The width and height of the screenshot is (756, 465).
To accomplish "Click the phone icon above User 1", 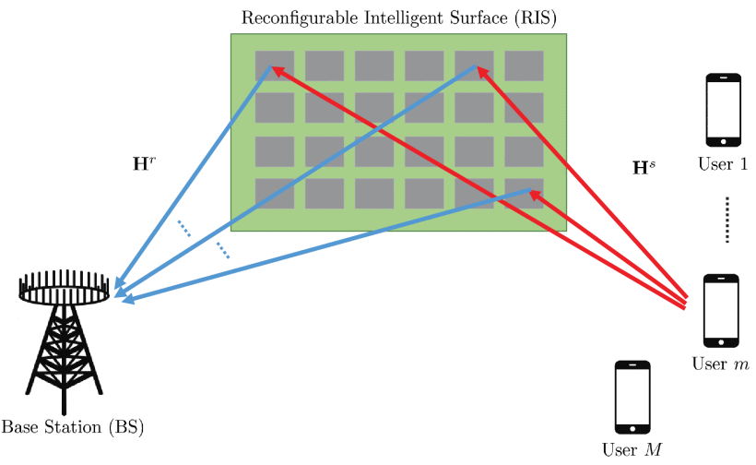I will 724,109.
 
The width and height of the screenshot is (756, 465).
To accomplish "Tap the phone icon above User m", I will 721,308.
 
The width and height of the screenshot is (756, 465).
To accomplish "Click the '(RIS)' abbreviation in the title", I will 533,17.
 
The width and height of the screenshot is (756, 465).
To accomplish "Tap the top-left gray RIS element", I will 275,66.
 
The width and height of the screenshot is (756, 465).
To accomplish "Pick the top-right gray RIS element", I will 524,66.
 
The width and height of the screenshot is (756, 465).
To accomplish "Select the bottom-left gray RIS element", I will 275,193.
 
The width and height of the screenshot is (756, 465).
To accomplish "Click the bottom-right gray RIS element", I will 524,193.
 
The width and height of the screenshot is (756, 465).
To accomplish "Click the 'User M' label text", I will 632,450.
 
